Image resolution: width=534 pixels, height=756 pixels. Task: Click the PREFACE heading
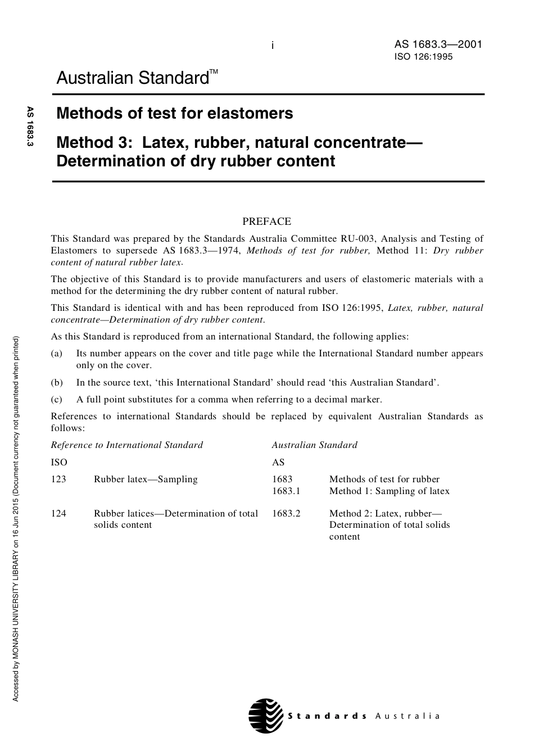pyautogui.click(x=266, y=221)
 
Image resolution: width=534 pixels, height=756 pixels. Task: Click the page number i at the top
pyautogui.click(x=273, y=46)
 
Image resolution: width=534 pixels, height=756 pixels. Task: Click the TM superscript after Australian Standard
pyautogui.click(x=214, y=72)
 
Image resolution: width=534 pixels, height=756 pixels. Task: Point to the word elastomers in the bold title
pyautogui.click(x=250, y=114)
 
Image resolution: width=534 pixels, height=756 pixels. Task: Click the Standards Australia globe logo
pyautogui.click(x=265, y=715)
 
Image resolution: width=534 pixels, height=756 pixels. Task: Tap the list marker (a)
pyautogui.click(x=57, y=354)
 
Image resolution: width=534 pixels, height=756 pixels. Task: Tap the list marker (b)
pyautogui.click(x=57, y=383)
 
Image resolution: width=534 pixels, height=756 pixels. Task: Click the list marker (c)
pyautogui.click(x=57, y=400)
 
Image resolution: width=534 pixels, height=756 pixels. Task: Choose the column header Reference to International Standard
pyautogui.click(x=127, y=445)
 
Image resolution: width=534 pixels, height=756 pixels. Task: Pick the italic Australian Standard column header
pyautogui.click(x=314, y=445)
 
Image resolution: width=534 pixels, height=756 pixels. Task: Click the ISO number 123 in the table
pyautogui.click(x=58, y=479)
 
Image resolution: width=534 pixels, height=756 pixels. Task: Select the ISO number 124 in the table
pyautogui.click(x=58, y=513)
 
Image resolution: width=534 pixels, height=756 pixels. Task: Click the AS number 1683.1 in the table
pyautogui.click(x=286, y=491)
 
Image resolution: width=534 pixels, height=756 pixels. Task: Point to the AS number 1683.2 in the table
pyautogui.click(x=286, y=513)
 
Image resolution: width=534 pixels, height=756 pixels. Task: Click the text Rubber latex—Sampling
pyautogui.click(x=146, y=479)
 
